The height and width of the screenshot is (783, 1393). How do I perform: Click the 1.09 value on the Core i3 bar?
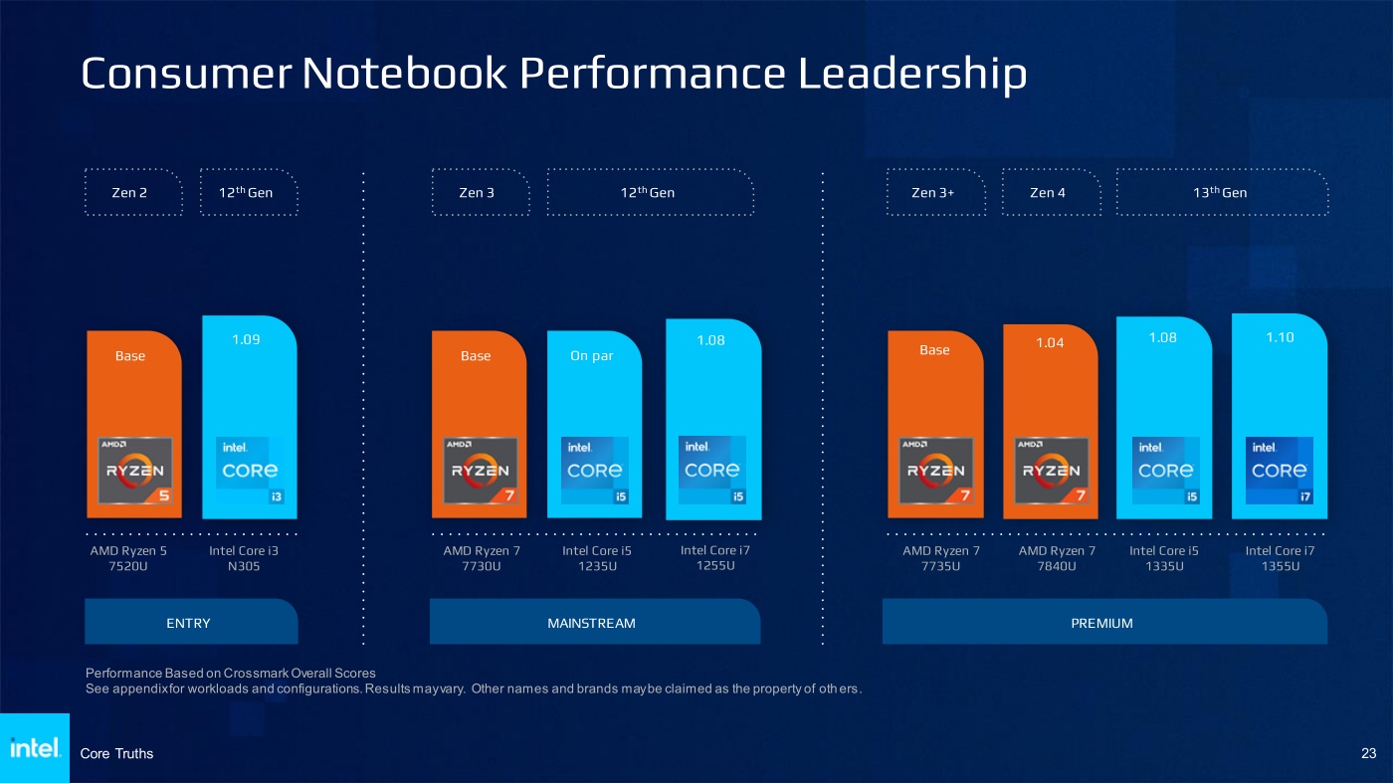coord(246,339)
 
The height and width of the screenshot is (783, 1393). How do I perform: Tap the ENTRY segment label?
coord(189,623)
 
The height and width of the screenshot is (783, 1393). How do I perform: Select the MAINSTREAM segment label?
coord(591,623)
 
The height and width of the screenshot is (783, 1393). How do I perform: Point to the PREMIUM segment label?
coord(1102,623)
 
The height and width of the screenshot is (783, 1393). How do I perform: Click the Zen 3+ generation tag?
coord(933,192)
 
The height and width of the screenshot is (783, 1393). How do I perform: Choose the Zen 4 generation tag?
coord(1048,192)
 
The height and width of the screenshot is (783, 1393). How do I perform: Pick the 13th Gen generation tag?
coord(1220,192)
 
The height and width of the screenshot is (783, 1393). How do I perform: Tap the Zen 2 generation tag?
coord(130,192)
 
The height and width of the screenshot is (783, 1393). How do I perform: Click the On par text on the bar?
coord(592,356)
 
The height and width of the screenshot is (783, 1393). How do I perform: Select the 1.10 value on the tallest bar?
coord(1280,337)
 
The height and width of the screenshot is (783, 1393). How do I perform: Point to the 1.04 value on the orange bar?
coord(1050,343)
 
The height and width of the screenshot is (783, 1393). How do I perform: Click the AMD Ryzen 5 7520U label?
coord(128,559)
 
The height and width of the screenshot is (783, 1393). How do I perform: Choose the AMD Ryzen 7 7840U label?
coord(1057,559)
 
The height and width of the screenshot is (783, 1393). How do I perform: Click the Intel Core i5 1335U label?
coord(1164,559)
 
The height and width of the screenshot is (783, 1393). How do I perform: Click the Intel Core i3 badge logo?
coord(250,471)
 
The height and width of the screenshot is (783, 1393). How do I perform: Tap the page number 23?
coord(1368,754)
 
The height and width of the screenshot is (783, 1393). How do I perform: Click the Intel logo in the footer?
coord(35,748)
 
